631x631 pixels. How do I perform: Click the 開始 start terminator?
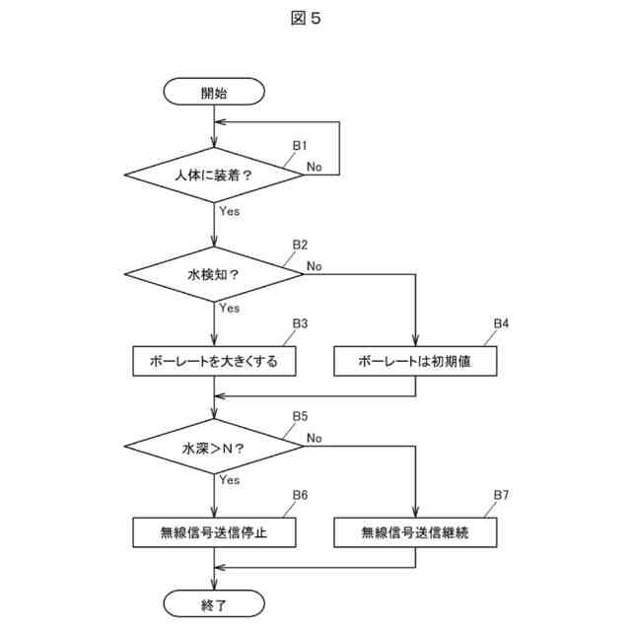(214, 94)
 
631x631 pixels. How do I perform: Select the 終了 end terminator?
(214, 602)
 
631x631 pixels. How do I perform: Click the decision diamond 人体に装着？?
(214, 175)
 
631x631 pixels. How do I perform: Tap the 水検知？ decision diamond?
(214, 273)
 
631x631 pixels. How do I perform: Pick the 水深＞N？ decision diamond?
(214, 448)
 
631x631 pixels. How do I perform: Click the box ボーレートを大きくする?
(214, 361)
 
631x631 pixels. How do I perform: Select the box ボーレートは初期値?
(415, 361)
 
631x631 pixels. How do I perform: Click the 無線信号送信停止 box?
(214, 533)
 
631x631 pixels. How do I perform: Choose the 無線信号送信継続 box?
(415, 533)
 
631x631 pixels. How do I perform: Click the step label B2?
(300, 245)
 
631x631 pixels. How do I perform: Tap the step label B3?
(300, 322)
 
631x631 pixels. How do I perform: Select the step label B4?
(501, 322)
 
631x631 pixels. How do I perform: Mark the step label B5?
(300, 416)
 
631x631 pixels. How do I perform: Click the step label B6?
(300, 494)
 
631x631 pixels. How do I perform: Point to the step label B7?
(501, 494)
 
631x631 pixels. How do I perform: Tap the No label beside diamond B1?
(314, 167)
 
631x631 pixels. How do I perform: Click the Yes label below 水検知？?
(229, 308)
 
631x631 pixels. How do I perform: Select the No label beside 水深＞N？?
(315, 438)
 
